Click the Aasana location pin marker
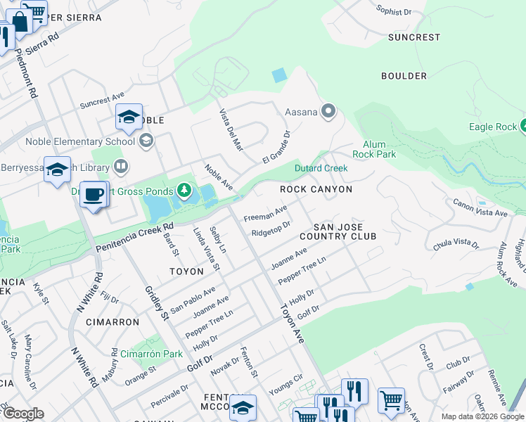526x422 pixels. click(328, 111)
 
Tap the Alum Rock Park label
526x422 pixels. click(376, 149)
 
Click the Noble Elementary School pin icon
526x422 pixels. click(146, 141)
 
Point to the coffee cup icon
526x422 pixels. click(93, 195)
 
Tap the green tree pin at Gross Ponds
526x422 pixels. click(184, 190)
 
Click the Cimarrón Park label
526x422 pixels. click(151, 354)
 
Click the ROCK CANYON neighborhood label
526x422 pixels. click(316, 189)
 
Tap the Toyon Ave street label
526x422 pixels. click(291, 324)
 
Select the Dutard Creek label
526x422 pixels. click(320, 168)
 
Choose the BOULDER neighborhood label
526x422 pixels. click(404, 75)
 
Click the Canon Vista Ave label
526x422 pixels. click(480, 207)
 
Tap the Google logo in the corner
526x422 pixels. click(23, 414)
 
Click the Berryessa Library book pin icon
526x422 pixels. click(120, 167)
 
